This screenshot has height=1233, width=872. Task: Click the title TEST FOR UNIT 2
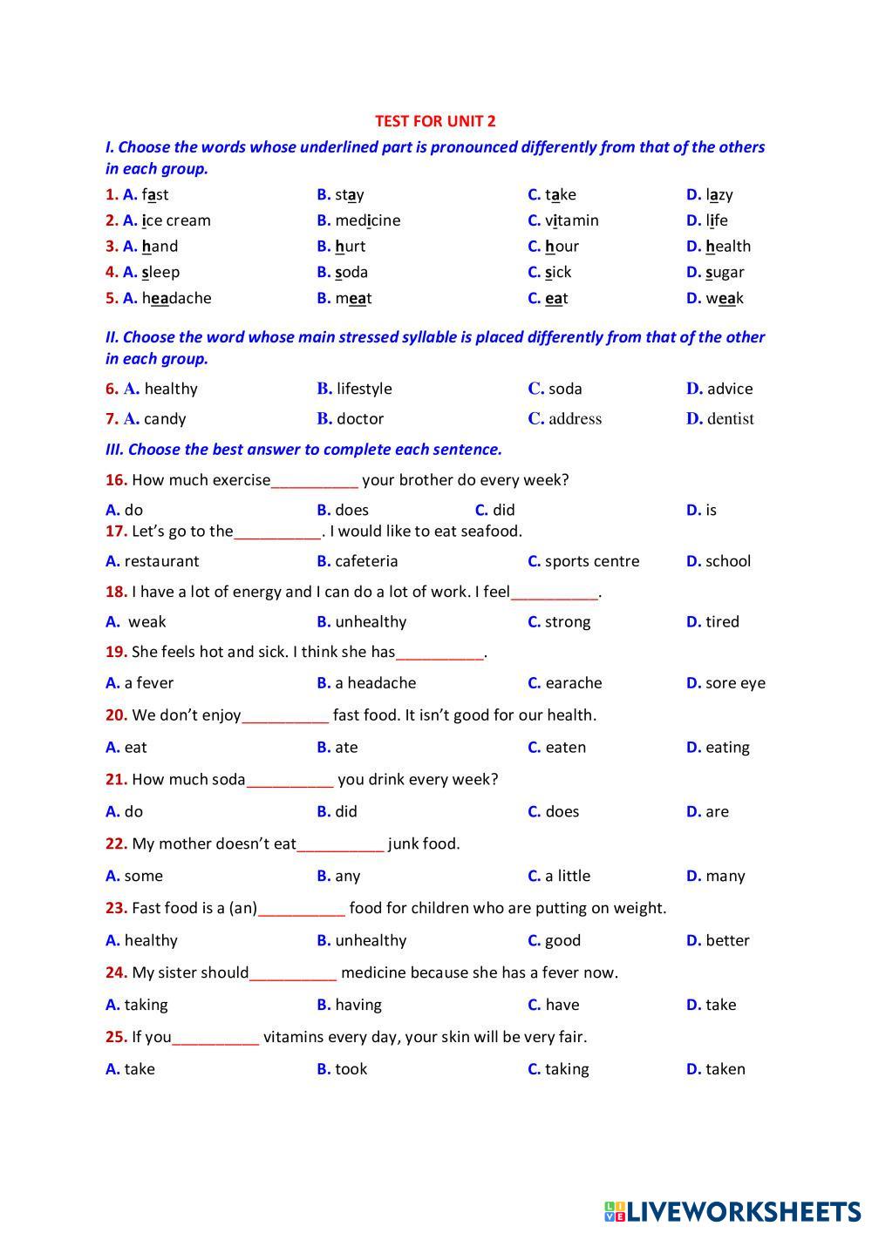pos(435,121)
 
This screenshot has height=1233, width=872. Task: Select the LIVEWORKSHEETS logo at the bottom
pos(732,1210)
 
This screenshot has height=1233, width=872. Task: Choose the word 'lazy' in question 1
pos(719,194)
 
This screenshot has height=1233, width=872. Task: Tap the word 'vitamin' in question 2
pos(572,220)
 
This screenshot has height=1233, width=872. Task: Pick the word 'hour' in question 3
pos(562,247)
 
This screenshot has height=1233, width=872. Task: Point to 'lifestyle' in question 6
pos(364,389)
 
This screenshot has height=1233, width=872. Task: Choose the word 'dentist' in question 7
pos(731,419)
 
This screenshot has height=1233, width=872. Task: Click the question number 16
pos(116,480)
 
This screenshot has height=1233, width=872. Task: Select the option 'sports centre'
pos(592,561)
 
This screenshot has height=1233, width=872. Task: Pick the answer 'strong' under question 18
pos(568,621)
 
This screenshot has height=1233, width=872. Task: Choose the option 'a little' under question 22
pos(568,876)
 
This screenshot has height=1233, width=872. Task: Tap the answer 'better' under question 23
pos(727,940)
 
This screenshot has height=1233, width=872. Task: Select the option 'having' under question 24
pos(358,1005)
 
